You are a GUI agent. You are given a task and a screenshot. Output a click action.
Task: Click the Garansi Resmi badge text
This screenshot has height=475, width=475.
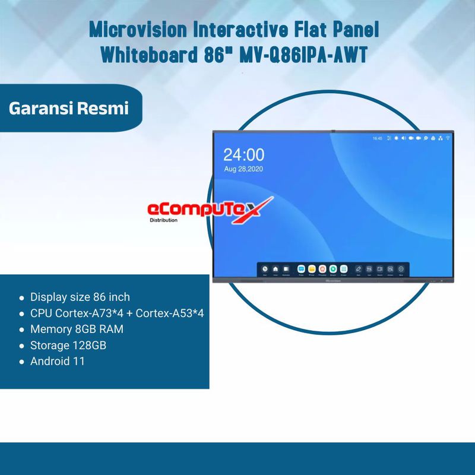69,109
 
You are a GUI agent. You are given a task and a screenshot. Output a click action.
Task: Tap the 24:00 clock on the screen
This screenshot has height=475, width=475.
243,156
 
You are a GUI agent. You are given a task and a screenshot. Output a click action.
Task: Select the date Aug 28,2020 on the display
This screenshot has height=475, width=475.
243,169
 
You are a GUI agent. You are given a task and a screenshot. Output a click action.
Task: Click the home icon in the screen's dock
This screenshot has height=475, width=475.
275,269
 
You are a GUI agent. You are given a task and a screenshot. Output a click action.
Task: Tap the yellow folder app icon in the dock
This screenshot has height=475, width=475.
312,269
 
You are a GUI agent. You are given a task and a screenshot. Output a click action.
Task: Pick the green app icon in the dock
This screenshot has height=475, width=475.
333,269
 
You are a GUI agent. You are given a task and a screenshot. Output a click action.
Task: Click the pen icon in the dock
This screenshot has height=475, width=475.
359,269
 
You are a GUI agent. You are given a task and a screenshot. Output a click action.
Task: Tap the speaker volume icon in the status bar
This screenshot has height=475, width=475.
404,138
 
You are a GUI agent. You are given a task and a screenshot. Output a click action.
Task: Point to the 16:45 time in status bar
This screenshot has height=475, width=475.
377,138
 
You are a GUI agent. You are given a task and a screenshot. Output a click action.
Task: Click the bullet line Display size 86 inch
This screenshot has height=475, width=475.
80,297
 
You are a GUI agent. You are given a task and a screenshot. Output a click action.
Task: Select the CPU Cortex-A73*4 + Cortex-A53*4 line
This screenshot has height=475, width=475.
117,313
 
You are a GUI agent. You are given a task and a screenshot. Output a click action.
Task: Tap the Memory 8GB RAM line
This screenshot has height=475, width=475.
77,329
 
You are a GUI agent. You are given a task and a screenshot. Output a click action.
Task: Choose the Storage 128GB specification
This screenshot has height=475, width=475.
68,345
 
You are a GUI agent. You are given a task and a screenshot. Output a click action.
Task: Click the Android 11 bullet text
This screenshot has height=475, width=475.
58,361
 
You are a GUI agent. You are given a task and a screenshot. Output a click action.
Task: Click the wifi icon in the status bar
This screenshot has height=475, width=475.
448,138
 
